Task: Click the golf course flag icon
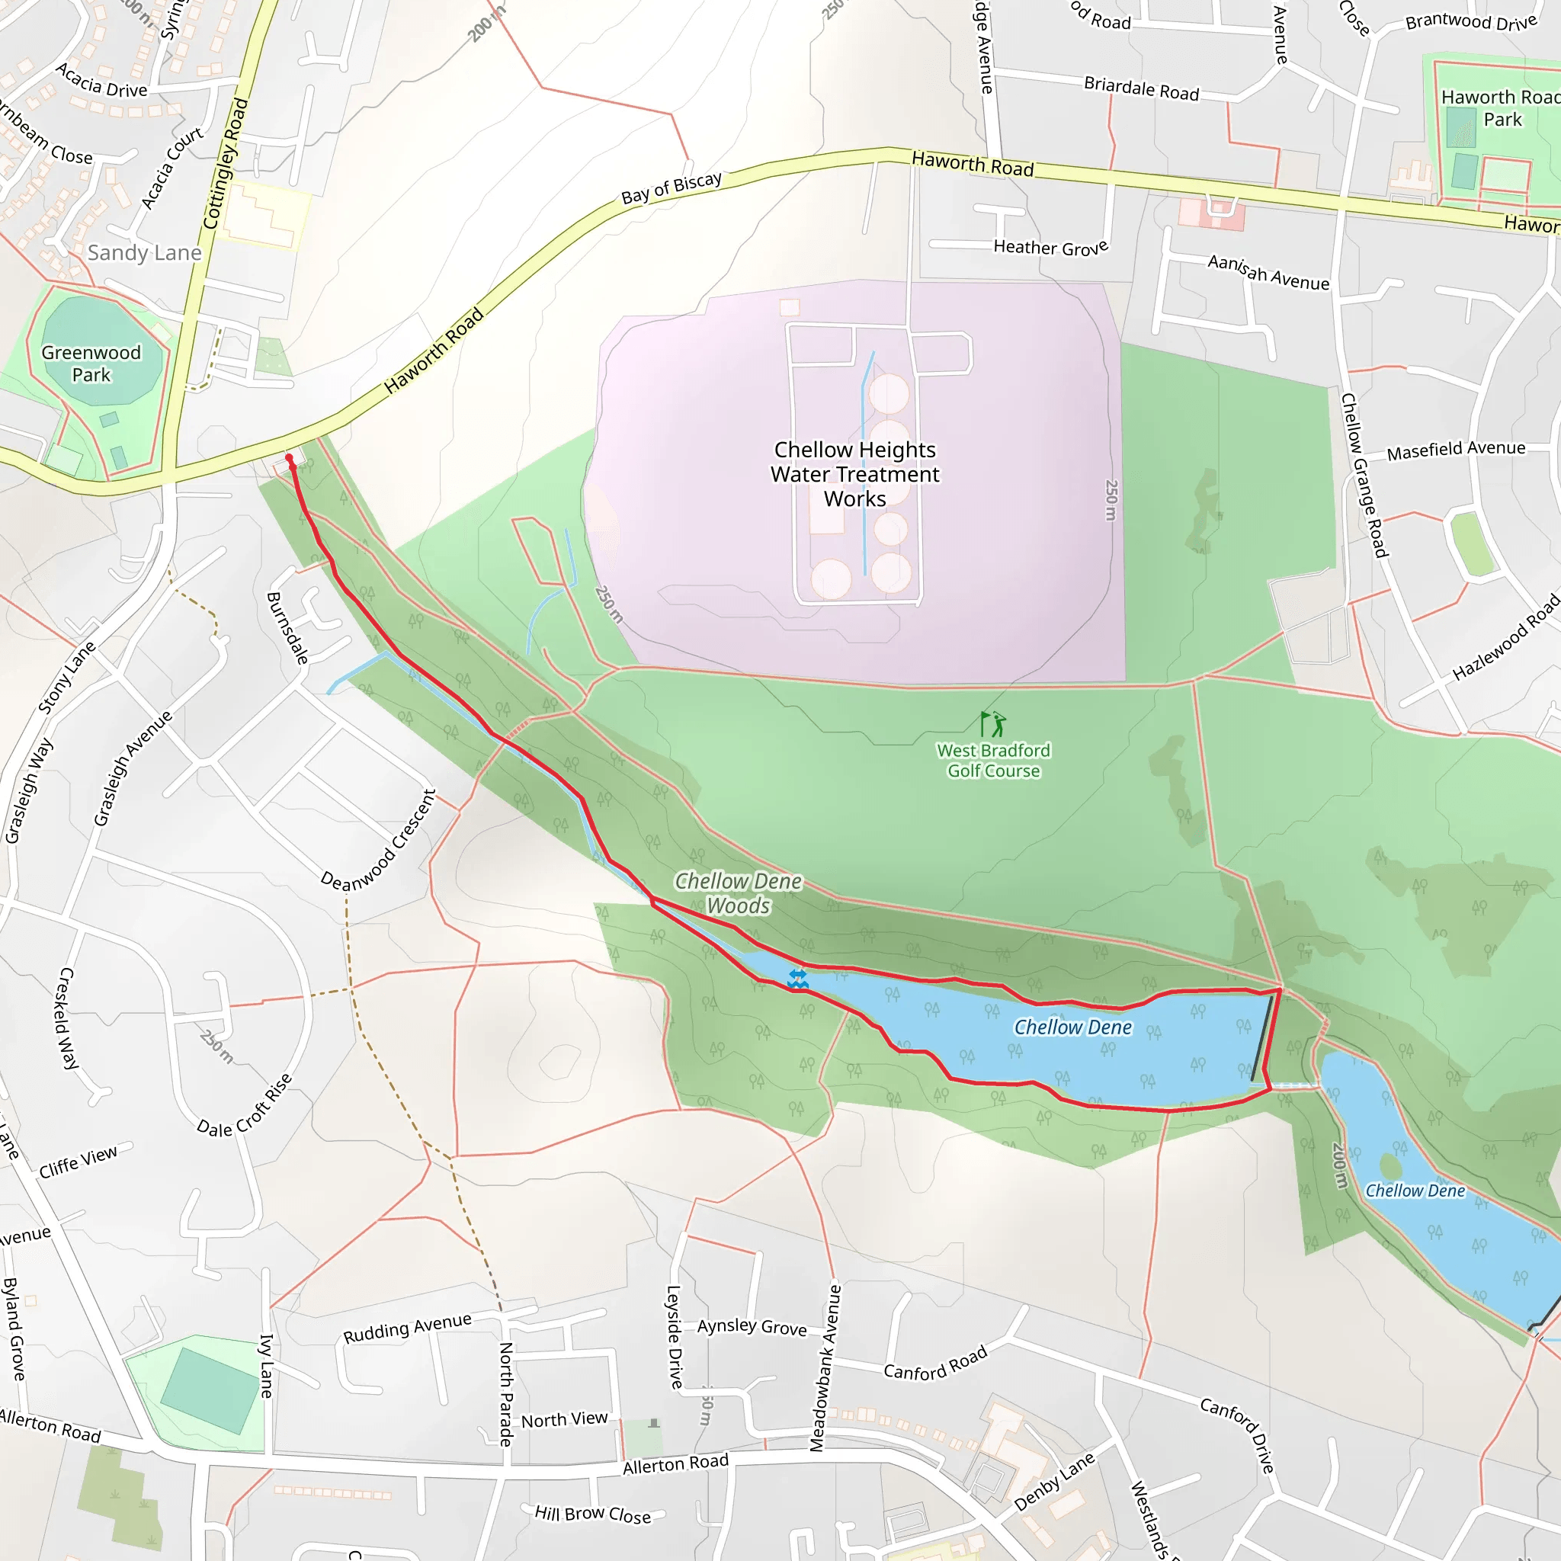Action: tap(993, 723)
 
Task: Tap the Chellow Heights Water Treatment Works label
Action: tap(855, 474)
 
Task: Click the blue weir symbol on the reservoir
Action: tap(797, 979)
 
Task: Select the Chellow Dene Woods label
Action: tap(739, 893)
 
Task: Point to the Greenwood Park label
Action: tap(91, 364)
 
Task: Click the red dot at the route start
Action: tap(289, 458)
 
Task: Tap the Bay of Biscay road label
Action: tap(671, 188)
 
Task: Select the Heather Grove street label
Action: tap(1050, 247)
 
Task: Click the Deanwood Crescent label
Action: tap(378, 842)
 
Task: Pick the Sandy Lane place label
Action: tap(145, 253)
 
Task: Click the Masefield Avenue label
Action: tap(1456, 450)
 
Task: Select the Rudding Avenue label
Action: tap(407, 1329)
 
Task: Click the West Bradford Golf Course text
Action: tap(993, 760)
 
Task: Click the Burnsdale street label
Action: tap(287, 629)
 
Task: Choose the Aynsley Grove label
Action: tap(752, 1327)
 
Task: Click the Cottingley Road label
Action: tap(225, 164)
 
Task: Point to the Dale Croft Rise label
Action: tap(245, 1106)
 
